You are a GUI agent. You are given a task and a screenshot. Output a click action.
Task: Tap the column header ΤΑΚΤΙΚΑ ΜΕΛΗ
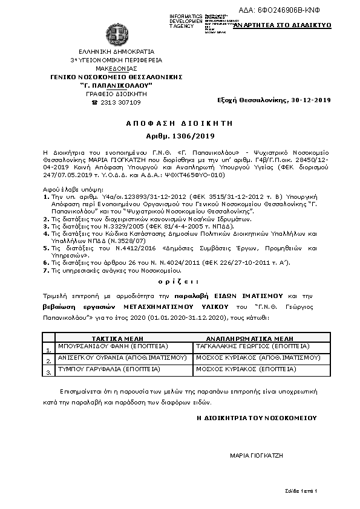[116, 340]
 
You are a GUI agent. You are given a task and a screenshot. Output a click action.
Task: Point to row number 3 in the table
[48, 374]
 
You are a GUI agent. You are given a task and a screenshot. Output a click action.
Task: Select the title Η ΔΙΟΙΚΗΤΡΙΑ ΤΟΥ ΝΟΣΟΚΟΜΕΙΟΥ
[256, 418]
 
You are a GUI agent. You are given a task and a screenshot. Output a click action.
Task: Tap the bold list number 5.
[46, 248]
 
